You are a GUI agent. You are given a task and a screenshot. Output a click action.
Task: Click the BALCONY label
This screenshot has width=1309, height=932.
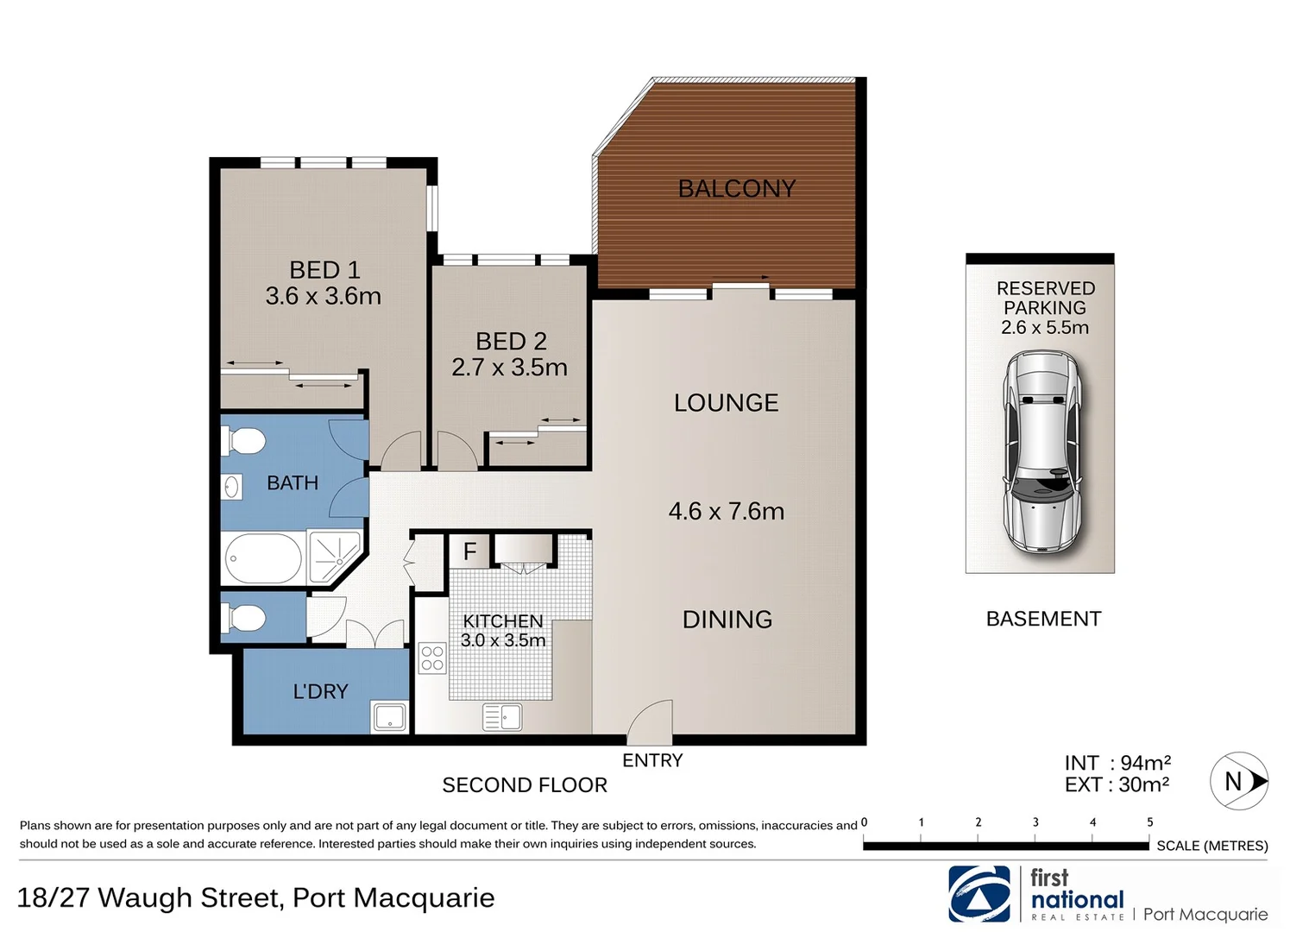pyautogui.click(x=736, y=188)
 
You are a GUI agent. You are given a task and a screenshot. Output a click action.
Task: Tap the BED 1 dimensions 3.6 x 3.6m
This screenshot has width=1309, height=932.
pyautogui.click(x=323, y=296)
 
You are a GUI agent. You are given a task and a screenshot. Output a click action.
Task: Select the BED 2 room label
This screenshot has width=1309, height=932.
pyautogui.click(x=511, y=341)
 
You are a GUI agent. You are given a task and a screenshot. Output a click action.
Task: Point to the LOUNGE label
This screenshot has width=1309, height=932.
pyautogui.click(x=726, y=402)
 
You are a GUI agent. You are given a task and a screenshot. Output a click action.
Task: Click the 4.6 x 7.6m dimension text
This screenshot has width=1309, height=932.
pyautogui.click(x=726, y=511)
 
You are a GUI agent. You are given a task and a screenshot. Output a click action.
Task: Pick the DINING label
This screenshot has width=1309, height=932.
pyautogui.click(x=727, y=619)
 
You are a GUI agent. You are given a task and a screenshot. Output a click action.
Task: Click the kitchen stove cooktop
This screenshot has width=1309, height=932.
pyautogui.click(x=432, y=658)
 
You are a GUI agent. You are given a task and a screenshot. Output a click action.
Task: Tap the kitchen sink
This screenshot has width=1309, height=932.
pyautogui.click(x=502, y=716)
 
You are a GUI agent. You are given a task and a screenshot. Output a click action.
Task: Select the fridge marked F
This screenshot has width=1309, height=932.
pyautogui.click(x=469, y=551)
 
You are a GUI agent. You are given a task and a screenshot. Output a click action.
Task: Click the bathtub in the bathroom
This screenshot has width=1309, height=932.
pyautogui.click(x=263, y=558)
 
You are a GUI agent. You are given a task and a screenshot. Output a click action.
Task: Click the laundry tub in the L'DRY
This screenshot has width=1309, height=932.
pyautogui.click(x=389, y=716)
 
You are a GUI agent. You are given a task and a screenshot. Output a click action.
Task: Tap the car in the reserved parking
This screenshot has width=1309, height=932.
pyautogui.click(x=1042, y=451)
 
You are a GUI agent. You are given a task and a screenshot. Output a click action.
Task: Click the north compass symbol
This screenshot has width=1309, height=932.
pyautogui.click(x=1239, y=781)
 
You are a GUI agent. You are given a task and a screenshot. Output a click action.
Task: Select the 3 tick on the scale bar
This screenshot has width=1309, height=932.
pyautogui.click(x=1035, y=822)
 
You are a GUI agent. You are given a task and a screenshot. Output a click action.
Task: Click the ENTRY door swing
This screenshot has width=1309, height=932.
pyautogui.click(x=650, y=723)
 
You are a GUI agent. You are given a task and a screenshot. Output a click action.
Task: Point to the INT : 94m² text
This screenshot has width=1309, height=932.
pyautogui.click(x=1117, y=763)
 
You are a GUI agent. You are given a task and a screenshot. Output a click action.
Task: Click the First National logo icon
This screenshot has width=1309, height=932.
pyautogui.click(x=979, y=894)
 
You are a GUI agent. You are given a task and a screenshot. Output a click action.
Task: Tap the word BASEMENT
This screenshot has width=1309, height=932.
pyautogui.click(x=1043, y=619)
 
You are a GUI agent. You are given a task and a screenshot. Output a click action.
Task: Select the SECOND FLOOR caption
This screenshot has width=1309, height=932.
pyautogui.click(x=525, y=784)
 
